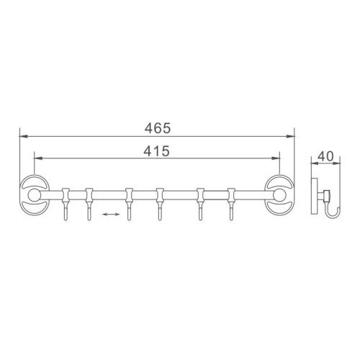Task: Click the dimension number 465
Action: point(156,128)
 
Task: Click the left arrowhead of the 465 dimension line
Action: point(22,136)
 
